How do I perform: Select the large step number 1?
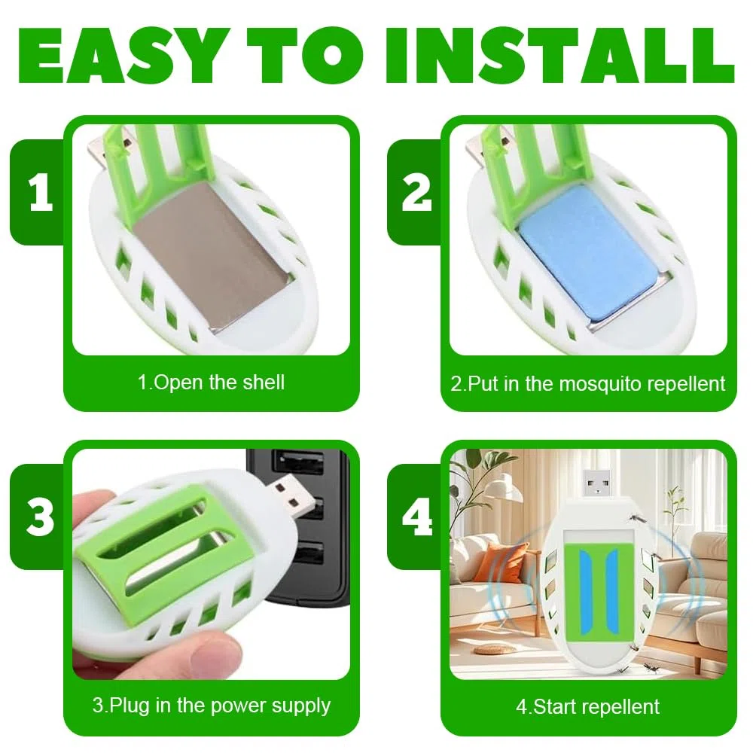41,193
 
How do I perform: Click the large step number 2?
416,193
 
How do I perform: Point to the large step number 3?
41,517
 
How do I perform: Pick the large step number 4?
417,517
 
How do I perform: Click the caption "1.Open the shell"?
211,383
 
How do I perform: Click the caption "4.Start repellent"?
587,707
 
